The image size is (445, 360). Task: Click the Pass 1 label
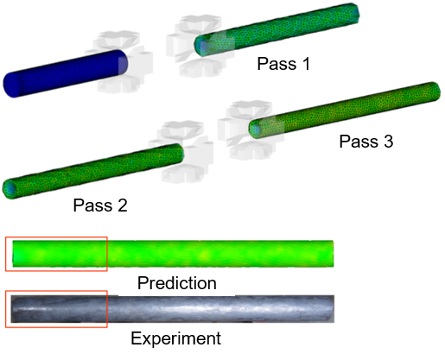(x=283, y=64)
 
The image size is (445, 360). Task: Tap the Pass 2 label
(x=100, y=205)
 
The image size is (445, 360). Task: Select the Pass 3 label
(x=366, y=142)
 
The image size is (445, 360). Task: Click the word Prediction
(x=177, y=283)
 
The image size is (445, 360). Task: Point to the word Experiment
(x=176, y=338)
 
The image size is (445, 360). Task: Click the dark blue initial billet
(x=66, y=73)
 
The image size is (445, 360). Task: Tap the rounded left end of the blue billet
(x=11, y=85)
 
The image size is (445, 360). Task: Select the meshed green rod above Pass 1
(x=277, y=29)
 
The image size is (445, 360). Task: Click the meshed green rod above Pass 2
(x=92, y=171)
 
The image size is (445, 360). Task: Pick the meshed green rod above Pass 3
(x=345, y=111)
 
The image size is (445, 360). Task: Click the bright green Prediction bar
(x=173, y=254)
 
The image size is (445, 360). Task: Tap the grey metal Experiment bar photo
(x=173, y=309)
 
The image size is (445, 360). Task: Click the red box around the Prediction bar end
(x=56, y=237)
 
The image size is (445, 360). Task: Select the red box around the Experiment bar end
(x=56, y=291)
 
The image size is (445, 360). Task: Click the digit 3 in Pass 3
(x=388, y=142)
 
